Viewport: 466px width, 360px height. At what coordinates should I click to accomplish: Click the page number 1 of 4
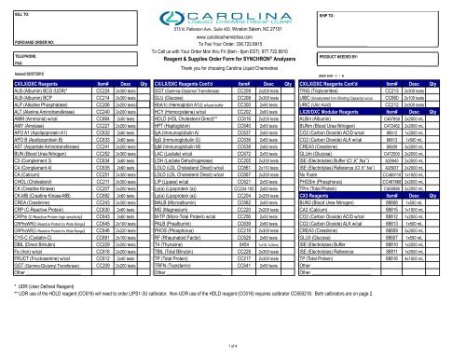(233, 347)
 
